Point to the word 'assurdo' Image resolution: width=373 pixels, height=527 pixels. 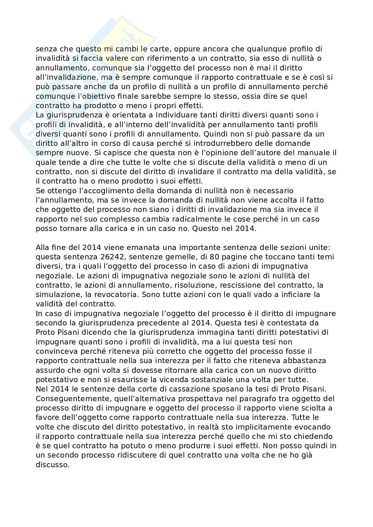tap(48, 370)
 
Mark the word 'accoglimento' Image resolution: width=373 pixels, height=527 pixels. tap(114, 191)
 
